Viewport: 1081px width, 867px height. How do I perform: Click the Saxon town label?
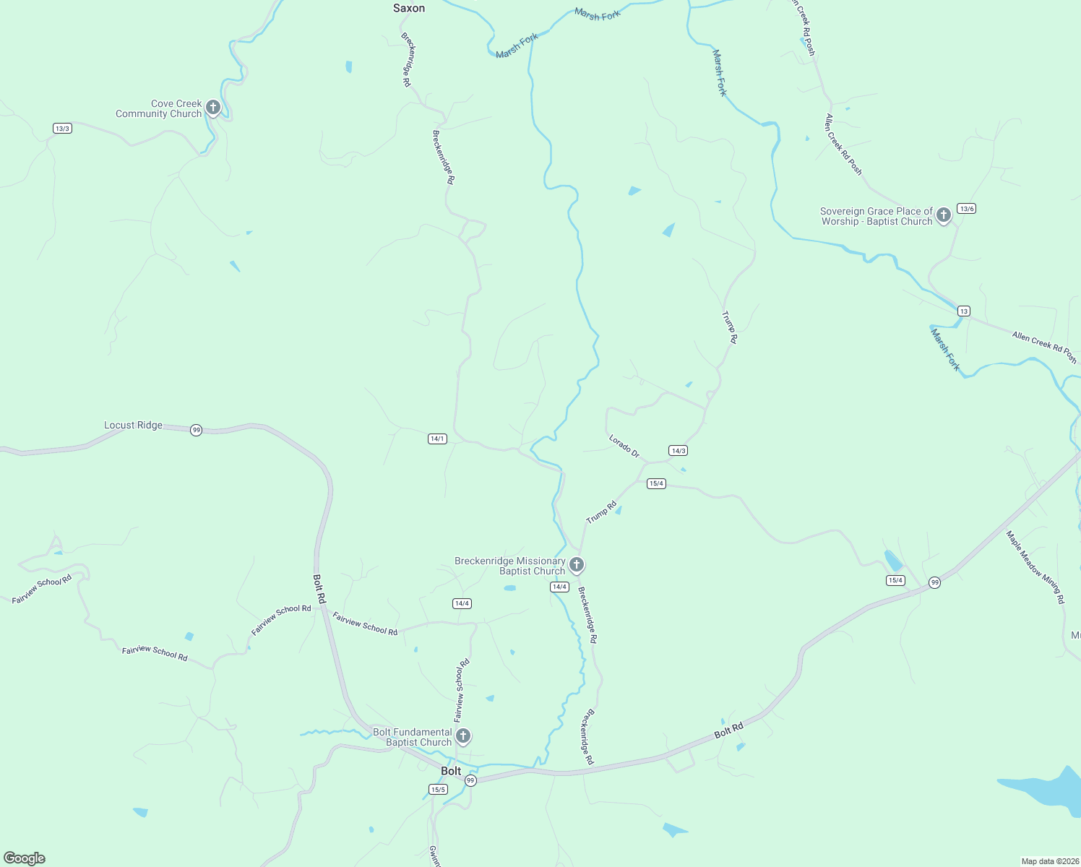409,9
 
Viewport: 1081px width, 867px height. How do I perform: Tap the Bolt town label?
451,772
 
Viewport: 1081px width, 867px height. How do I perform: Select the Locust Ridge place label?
134,426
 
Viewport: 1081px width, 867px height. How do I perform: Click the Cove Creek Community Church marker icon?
212,108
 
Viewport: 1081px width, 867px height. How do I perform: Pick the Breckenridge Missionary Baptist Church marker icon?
576,564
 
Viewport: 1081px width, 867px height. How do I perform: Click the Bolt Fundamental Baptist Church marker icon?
463,736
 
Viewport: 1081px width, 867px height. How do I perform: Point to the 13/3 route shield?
62,129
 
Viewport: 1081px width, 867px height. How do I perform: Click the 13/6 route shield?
966,209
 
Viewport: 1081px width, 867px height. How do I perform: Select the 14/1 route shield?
437,439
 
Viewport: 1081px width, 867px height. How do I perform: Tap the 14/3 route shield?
678,451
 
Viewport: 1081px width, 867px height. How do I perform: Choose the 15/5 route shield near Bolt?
438,790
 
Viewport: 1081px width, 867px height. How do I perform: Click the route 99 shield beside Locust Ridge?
196,431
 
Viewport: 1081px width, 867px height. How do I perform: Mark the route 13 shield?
963,311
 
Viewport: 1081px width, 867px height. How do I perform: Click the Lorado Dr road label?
624,446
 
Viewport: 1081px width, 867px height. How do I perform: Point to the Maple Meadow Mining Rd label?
1035,567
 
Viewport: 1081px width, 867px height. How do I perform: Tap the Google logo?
25,858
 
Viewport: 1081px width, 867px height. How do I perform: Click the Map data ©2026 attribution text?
1049,861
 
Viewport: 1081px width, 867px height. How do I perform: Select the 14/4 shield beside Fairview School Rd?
462,603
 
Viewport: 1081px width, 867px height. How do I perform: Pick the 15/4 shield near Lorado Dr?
656,484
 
